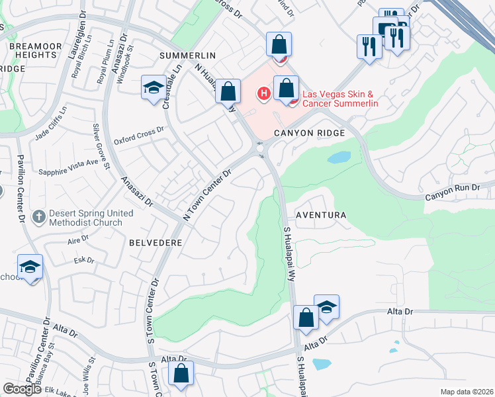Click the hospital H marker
tap(263, 94)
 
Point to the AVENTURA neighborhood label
tap(321, 216)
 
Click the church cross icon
tap(39, 216)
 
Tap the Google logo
tap(22, 389)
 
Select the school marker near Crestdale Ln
tap(153, 88)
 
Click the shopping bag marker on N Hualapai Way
tap(228, 91)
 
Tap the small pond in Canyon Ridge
tap(338, 157)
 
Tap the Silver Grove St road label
tap(101, 146)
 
